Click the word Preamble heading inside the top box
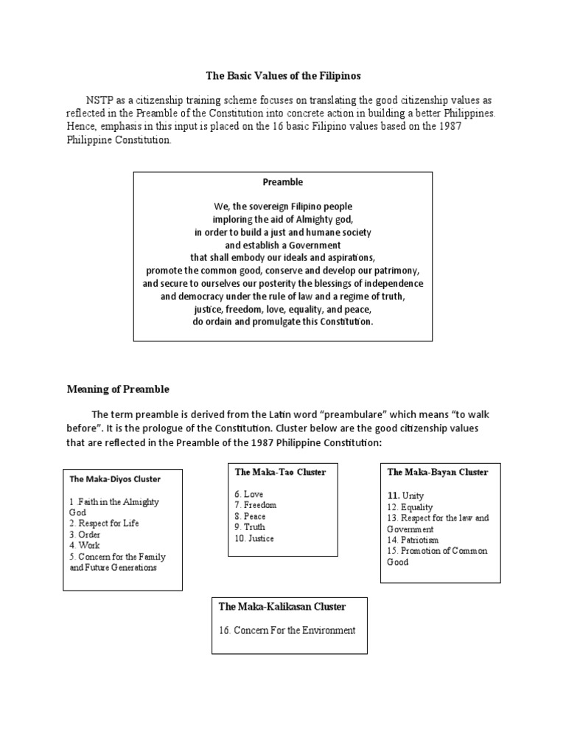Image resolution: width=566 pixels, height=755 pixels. click(x=283, y=181)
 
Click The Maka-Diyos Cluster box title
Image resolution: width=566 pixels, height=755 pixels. click(x=115, y=479)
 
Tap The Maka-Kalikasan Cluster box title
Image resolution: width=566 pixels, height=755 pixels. click(x=282, y=607)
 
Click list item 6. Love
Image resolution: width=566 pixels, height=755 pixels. click(x=248, y=494)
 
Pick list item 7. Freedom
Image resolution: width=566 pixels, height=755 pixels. click(x=255, y=505)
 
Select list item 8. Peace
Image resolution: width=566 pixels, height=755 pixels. click(x=251, y=516)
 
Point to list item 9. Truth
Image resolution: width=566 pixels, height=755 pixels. click(x=250, y=527)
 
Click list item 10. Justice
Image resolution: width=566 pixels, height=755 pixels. click(x=254, y=538)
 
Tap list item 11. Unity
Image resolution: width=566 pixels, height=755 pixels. click(x=405, y=496)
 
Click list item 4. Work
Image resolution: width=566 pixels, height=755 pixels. click(x=85, y=546)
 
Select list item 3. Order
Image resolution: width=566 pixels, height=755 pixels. click(x=85, y=535)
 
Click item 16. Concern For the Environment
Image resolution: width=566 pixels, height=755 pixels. click(x=287, y=630)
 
